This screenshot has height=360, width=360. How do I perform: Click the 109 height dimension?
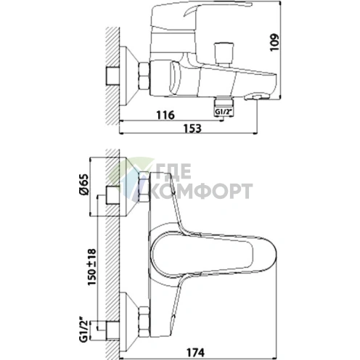(x=274, y=42)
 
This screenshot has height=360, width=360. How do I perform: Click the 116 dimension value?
(x=165, y=115)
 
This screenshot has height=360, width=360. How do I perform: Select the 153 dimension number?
(x=192, y=128)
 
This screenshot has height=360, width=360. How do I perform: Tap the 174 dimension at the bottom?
(x=195, y=352)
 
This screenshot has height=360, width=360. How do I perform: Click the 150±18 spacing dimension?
(x=92, y=267)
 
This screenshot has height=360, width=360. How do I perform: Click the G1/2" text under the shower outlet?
(x=224, y=112)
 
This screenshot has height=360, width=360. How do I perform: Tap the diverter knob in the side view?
(x=224, y=53)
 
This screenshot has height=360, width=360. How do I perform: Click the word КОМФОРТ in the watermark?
(x=202, y=191)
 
